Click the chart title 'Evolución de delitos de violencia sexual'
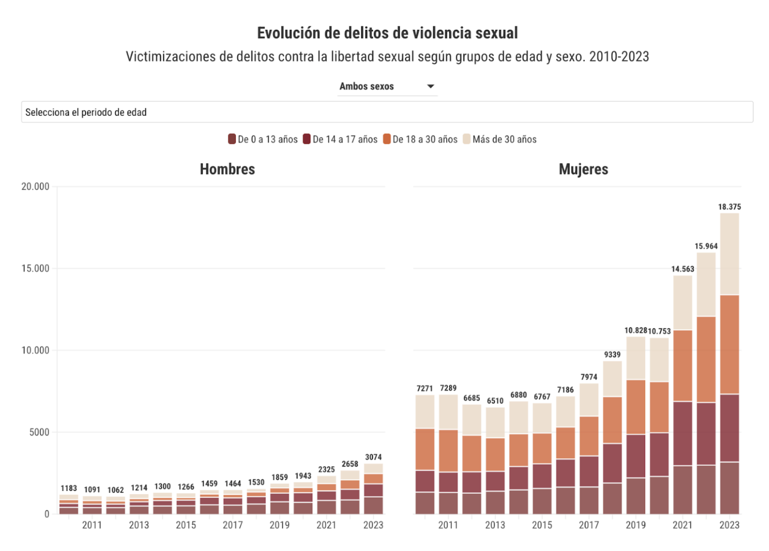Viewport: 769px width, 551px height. [387, 33]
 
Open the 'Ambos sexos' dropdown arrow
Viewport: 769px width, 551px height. [431, 86]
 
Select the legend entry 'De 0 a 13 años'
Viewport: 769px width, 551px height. [263, 139]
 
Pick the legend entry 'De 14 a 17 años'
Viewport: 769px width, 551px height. [340, 139]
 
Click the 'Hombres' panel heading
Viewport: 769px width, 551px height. [227, 169]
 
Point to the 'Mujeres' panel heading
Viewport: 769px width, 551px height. [583, 169]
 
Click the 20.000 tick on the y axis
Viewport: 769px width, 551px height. [35, 187]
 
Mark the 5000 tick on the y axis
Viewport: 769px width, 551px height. [39, 432]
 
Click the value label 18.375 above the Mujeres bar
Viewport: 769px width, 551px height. [729, 207]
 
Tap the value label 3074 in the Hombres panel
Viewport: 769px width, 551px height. [373, 457]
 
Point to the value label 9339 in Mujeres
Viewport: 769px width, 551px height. [612, 355]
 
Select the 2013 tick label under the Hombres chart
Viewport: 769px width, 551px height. [139, 525]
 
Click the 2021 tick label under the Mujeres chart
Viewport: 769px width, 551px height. [682, 525]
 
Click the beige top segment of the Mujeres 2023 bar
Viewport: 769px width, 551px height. [729, 254]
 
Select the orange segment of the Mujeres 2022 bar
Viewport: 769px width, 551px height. [706, 359]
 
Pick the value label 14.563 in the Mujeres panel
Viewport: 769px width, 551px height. [682, 269]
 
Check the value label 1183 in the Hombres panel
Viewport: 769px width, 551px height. [69, 488]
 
